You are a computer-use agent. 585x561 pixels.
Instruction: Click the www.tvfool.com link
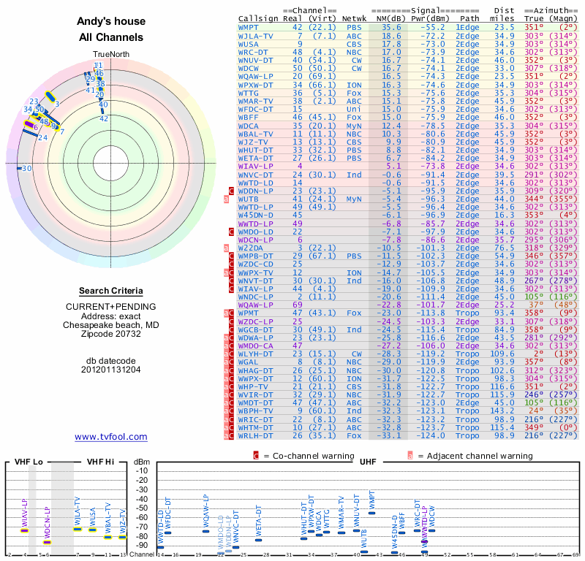[x=110, y=437]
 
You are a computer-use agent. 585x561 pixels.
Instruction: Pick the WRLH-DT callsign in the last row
[x=256, y=435]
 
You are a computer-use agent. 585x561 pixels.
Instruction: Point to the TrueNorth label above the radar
[x=110, y=55]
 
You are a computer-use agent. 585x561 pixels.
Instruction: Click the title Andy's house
[x=111, y=21]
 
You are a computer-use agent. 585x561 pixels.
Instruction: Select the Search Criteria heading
[x=111, y=291]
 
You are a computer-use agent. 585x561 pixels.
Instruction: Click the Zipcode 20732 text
[x=111, y=334]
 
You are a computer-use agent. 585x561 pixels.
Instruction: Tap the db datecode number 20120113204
[x=111, y=369]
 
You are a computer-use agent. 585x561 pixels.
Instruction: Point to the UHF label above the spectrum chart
[x=369, y=462]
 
